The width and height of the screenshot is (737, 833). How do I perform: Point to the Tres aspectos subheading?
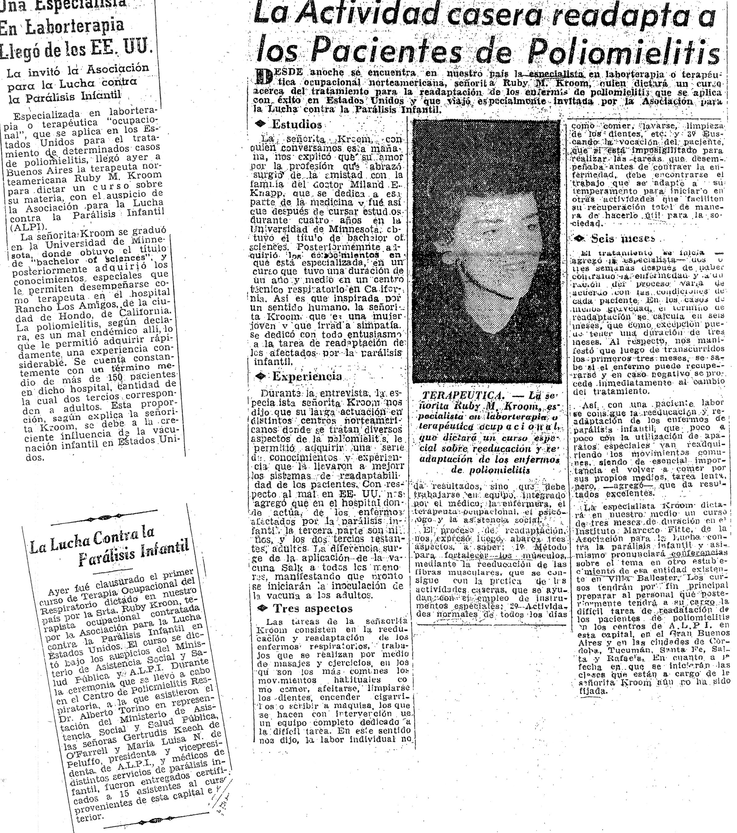point(313,609)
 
